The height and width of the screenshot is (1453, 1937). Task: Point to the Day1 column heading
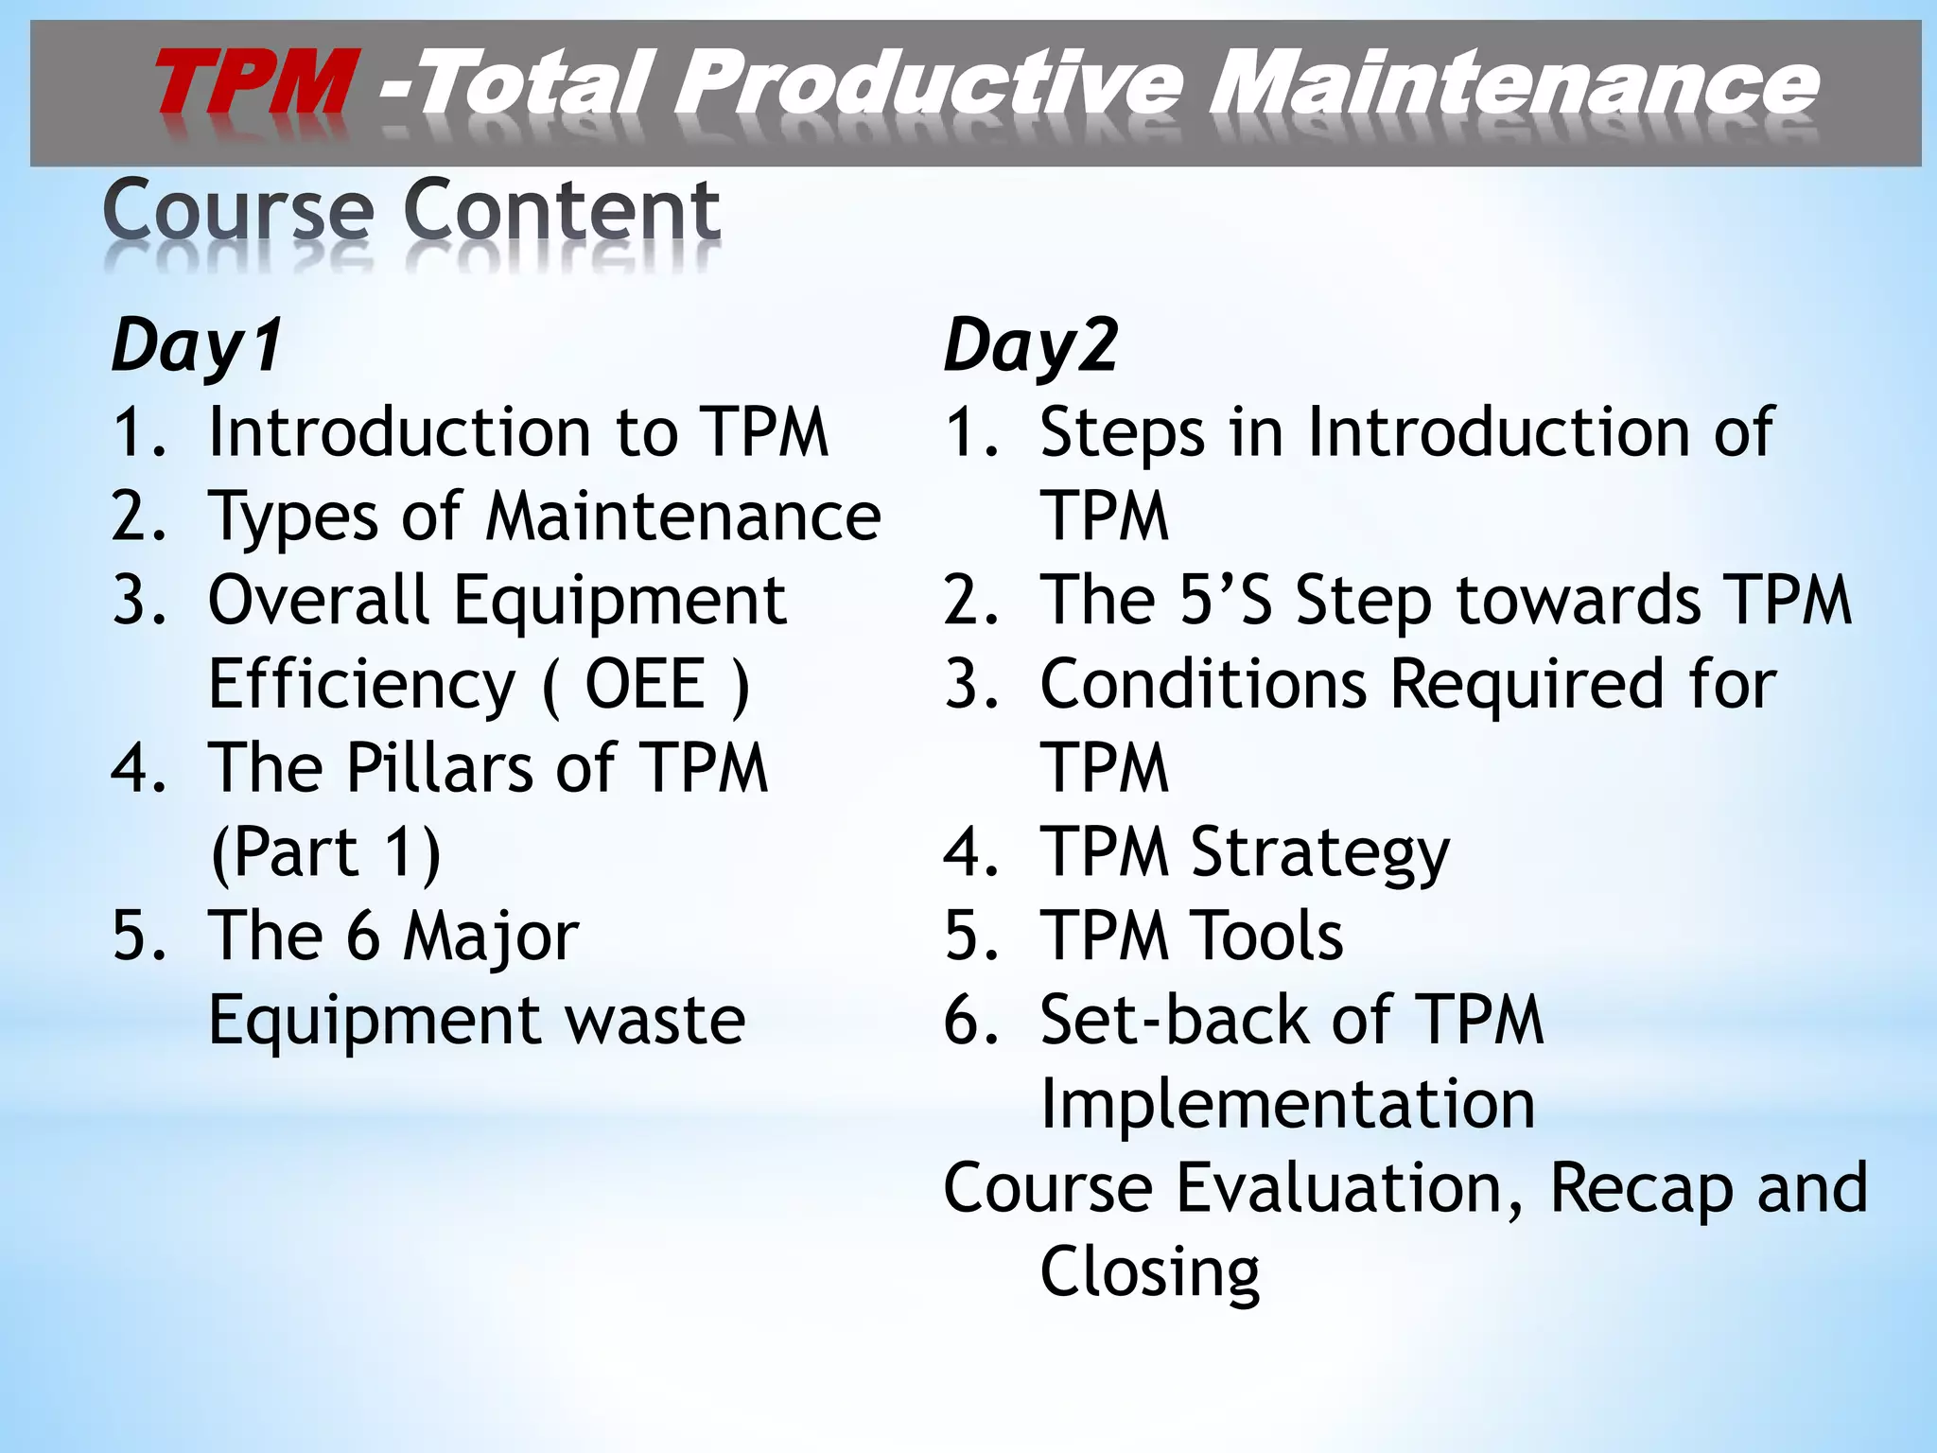click(197, 346)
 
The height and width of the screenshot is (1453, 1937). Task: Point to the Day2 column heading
click(1031, 346)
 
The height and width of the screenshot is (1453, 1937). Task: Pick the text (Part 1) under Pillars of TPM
click(325, 852)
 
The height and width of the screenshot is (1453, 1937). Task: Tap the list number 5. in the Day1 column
click(139, 936)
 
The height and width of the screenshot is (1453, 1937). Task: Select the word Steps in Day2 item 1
click(1122, 433)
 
